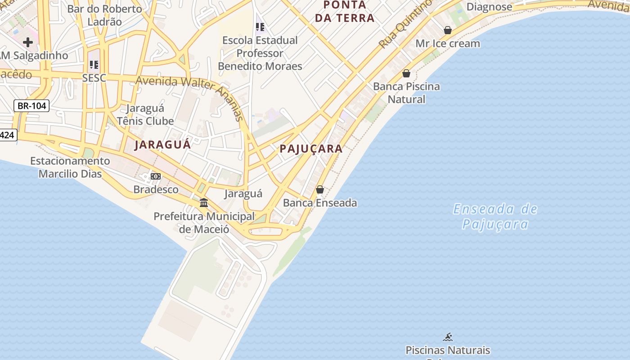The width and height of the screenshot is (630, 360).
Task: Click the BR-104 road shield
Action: click(31, 106)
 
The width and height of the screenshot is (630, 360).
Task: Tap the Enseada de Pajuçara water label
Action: click(495, 216)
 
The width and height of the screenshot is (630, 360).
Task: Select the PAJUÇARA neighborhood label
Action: click(311, 149)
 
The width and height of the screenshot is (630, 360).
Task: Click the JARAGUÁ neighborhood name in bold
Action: click(163, 144)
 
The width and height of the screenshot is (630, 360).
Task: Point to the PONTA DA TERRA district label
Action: click(345, 12)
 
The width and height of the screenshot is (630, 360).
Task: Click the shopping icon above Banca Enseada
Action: click(320, 189)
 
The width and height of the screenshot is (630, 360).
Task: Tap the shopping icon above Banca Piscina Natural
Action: click(406, 73)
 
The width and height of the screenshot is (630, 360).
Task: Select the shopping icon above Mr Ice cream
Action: click(448, 30)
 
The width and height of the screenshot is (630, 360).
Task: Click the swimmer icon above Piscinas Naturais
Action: click(448, 337)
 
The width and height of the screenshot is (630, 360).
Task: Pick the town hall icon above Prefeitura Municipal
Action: click(204, 203)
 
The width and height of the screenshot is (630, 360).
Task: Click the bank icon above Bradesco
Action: click(156, 176)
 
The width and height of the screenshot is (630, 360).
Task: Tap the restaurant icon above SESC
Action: click(94, 65)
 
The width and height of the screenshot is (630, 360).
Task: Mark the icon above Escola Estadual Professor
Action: click(260, 27)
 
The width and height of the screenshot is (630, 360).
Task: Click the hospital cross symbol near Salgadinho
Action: click(28, 42)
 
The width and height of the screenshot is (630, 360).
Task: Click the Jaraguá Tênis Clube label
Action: click(145, 115)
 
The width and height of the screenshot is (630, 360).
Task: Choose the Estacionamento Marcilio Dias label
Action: click(70, 167)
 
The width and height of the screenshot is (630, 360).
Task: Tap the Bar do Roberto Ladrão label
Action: click(104, 15)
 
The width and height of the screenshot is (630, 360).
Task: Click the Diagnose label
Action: click(489, 7)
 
